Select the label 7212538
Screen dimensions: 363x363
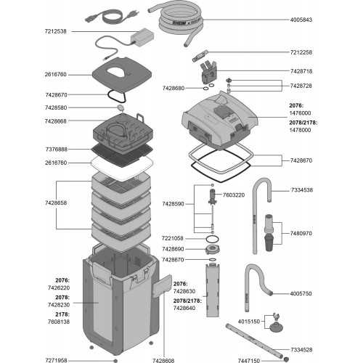point(57,31)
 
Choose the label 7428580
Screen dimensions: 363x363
point(56,108)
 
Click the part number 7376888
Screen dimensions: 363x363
point(56,149)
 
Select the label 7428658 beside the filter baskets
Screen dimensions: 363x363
point(56,205)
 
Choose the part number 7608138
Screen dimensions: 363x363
point(57,321)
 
